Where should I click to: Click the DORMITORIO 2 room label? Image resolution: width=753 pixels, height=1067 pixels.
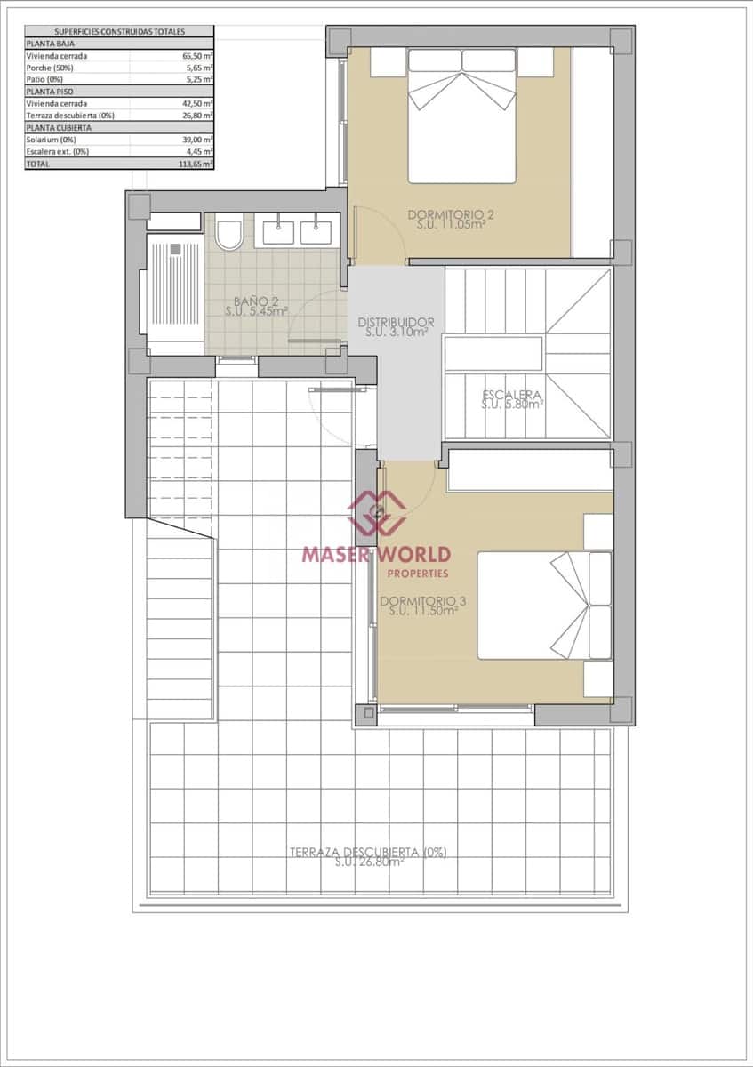450,214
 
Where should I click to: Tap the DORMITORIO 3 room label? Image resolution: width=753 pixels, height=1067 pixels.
422,601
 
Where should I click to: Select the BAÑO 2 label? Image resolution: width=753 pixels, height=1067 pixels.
255,301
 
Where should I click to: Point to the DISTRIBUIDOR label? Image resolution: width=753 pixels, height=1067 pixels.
396,322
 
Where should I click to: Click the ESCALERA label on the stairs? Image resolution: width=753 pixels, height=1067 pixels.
511,395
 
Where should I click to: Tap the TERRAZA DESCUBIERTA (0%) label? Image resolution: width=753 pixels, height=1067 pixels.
368,852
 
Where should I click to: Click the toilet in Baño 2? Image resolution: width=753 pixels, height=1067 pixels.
228,234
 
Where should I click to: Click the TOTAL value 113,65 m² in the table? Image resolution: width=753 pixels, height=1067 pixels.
195,164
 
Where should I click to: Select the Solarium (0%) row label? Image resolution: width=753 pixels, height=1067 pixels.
51,140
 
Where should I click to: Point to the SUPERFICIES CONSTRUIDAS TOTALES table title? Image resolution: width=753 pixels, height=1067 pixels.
119,31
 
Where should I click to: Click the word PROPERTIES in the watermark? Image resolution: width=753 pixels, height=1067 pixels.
418,574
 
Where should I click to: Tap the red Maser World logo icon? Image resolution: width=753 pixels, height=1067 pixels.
376,512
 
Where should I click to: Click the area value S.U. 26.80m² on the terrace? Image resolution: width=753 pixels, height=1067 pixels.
369,862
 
